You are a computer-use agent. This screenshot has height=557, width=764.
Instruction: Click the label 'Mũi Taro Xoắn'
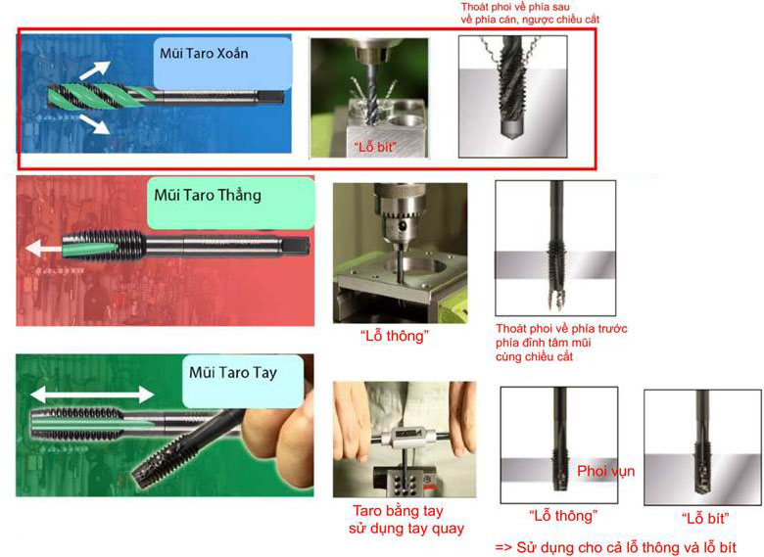point(204,53)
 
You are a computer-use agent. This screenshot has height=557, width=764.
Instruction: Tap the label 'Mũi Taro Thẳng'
point(208,195)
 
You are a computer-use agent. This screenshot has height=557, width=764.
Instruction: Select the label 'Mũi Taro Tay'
point(233,373)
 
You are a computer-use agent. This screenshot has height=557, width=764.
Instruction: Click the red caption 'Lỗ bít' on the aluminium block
point(375,146)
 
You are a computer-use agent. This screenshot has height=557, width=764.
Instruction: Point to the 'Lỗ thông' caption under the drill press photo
point(394,336)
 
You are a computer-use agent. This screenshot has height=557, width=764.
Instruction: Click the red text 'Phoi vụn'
point(605,471)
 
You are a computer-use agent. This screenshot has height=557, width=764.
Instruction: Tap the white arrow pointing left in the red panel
point(43,249)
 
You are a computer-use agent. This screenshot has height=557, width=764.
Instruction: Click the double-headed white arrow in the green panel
point(92,395)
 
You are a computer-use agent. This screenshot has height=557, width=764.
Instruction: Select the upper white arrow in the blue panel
point(95,70)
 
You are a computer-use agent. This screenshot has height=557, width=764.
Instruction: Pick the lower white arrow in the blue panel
point(95,123)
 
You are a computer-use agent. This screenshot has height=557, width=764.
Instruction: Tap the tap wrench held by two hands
point(406,436)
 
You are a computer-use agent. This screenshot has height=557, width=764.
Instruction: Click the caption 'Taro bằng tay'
point(398,511)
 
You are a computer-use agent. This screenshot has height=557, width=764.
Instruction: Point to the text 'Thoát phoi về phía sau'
point(515,7)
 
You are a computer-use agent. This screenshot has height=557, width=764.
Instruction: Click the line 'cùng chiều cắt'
point(534,357)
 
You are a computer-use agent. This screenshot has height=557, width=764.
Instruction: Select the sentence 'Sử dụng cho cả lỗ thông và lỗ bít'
point(626,547)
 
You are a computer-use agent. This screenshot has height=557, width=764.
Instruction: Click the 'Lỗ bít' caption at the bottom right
point(705,519)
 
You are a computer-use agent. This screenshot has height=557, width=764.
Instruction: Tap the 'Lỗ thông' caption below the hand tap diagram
point(563,516)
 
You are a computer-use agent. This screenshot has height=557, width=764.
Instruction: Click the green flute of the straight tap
point(90,248)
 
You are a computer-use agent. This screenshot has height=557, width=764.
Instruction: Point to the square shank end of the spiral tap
point(270,97)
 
